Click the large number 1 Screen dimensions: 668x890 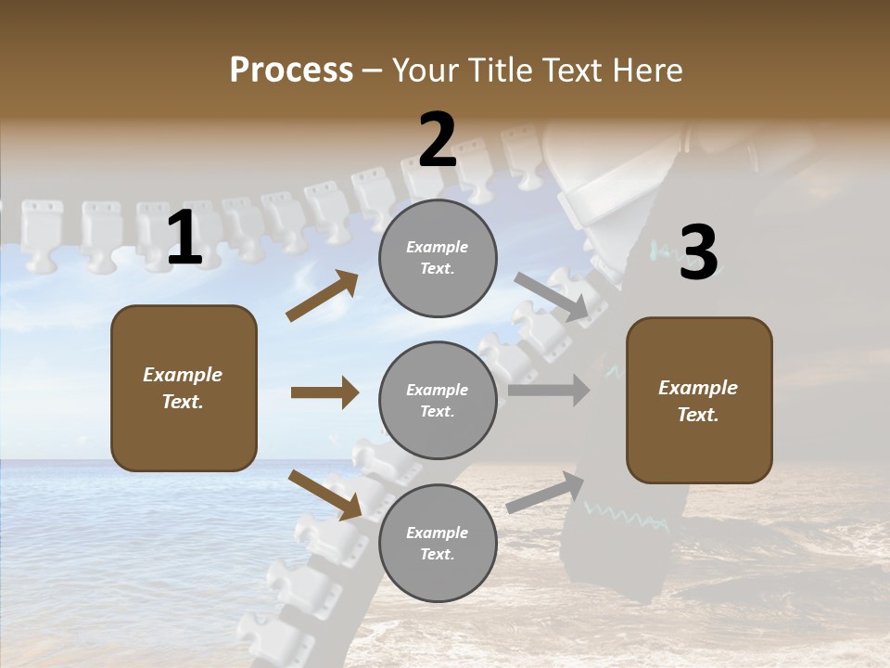[x=184, y=238]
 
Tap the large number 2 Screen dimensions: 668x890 [x=438, y=140]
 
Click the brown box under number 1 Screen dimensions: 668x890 [x=184, y=388]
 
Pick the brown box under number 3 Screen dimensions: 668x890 [x=699, y=400]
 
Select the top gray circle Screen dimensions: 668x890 [x=438, y=258]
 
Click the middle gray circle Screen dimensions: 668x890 [x=438, y=400]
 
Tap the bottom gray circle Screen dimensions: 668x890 [x=438, y=543]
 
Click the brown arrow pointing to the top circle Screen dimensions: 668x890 [x=323, y=296]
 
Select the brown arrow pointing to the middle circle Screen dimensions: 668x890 [x=324, y=392]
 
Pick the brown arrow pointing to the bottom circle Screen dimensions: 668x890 [x=324, y=495]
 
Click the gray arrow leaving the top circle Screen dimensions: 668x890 [x=553, y=297]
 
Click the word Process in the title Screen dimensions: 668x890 [x=291, y=71]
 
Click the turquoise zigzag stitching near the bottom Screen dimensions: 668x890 [x=626, y=517]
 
